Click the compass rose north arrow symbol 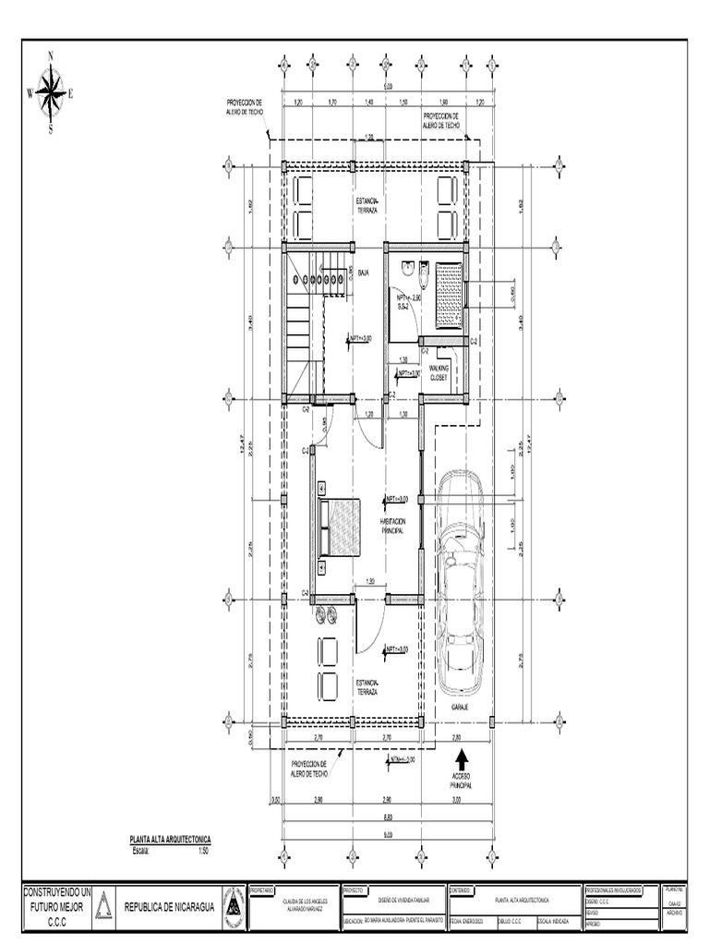click(51, 92)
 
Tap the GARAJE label click(459, 707)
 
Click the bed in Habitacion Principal click(341, 528)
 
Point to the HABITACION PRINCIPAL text click(391, 526)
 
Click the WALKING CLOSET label click(439, 372)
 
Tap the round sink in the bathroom click(408, 268)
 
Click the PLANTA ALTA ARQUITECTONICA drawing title click(170, 839)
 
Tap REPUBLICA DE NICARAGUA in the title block click(169, 907)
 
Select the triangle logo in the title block click(104, 906)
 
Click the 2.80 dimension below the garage click(456, 738)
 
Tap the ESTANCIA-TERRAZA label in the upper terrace click(368, 206)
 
